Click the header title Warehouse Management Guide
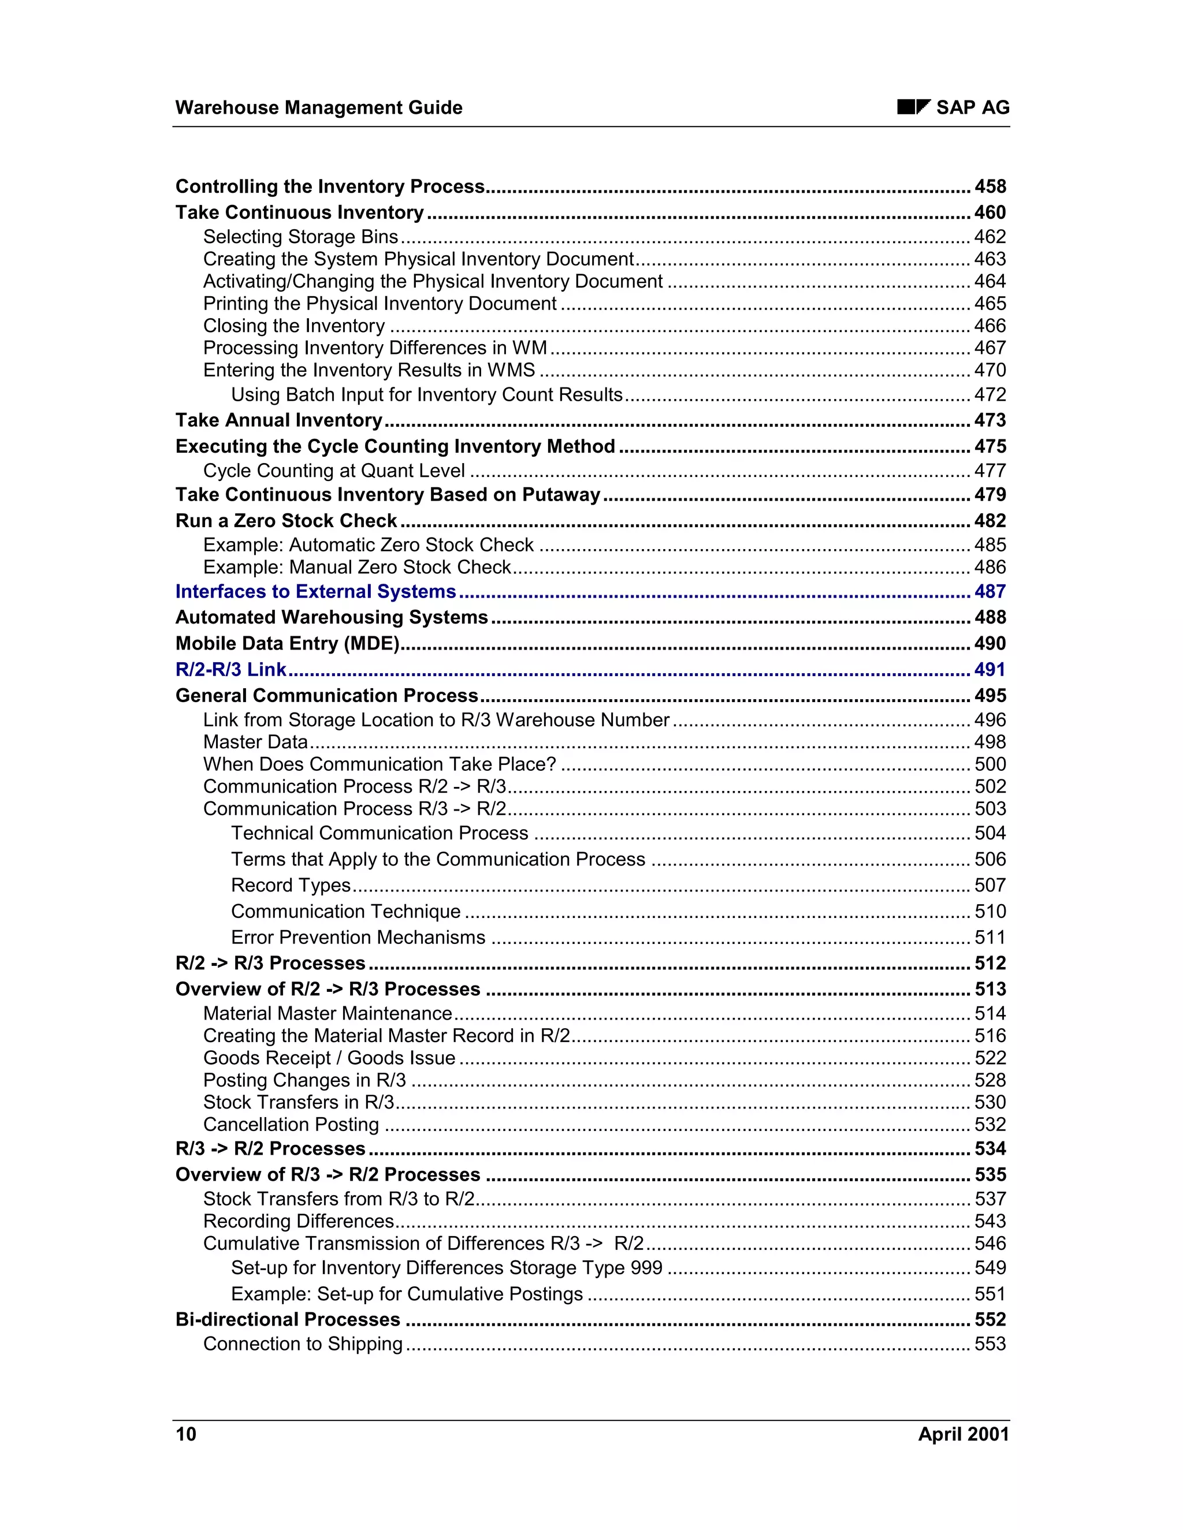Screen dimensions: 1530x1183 point(319,107)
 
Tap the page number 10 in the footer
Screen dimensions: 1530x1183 point(186,1434)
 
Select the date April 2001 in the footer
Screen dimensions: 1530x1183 point(963,1434)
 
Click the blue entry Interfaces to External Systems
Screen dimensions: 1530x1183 point(315,591)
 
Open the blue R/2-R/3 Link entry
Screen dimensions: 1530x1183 point(230,669)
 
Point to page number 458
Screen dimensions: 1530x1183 point(989,186)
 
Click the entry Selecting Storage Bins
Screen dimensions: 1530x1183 point(300,237)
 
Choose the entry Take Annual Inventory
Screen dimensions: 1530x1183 point(279,420)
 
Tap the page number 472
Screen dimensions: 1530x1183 point(989,394)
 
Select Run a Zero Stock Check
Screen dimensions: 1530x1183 point(286,521)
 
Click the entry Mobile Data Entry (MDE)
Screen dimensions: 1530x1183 point(287,643)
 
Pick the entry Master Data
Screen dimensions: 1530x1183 point(256,742)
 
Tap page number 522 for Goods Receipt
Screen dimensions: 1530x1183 point(989,1058)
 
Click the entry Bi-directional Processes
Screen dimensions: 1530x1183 point(287,1319)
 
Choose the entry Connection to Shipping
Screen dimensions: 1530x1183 point(303,1344)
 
